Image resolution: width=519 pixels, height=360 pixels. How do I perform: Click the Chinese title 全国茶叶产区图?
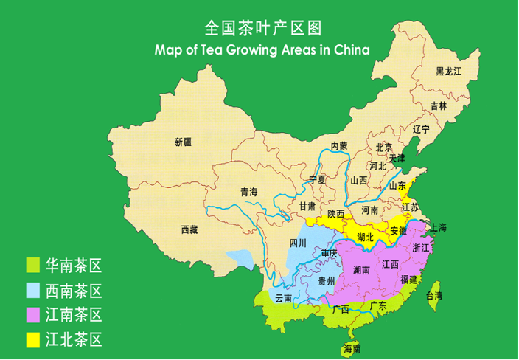click(262, 28)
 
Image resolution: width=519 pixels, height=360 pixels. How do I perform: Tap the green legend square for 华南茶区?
click(32, 264)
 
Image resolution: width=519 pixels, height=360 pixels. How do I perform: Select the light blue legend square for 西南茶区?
click(32, 290)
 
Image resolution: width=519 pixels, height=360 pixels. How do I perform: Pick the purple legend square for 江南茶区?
click(32, 315)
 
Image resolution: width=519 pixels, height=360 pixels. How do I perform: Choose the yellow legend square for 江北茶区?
click(32, 340)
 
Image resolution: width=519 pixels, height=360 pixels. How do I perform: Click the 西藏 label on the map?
click(189, 229)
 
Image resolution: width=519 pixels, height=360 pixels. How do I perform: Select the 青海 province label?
click(248, 192)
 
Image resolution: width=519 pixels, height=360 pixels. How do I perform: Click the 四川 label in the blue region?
click(297, 243)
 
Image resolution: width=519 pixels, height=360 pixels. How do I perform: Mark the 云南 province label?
click(284, 298)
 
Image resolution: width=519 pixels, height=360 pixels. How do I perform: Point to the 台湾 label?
click(435, 296)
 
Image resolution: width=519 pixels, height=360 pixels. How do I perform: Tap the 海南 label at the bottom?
click(352, 349)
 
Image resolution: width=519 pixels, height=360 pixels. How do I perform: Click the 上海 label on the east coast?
click(438, 228)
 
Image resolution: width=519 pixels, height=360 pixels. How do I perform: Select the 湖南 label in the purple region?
click(362, 270)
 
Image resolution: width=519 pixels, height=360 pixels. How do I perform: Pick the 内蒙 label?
click(338, 146)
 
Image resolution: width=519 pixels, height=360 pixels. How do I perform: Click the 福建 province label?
click(408, 280)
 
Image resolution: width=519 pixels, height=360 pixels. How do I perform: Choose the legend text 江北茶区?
click(73, 340)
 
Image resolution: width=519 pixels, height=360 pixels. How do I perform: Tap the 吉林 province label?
click(439, 106)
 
